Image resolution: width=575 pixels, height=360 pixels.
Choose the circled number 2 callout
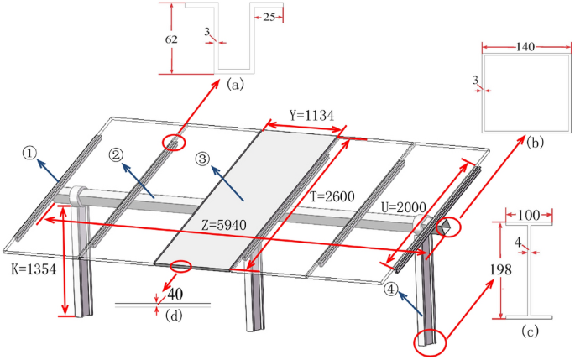[x=117, y=154]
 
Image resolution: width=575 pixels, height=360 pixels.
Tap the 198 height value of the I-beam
[x=488, y=270]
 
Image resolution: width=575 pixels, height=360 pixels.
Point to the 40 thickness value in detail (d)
[x=175, y=295]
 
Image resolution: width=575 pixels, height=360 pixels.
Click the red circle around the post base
[x=429, y=341]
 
